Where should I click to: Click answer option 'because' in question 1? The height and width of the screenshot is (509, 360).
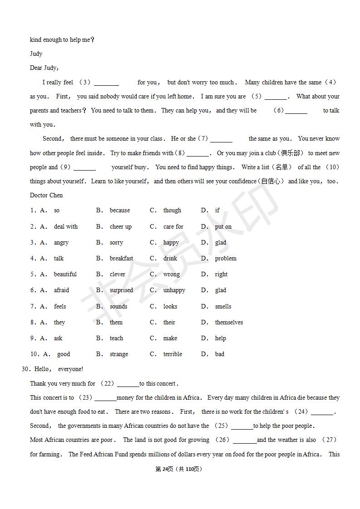pos(119,210)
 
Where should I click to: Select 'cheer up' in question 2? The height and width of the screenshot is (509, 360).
pos(120,226)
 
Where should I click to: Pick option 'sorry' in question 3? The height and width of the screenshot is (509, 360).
pos(116,243)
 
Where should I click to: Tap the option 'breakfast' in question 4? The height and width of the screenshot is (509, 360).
pos(121,259)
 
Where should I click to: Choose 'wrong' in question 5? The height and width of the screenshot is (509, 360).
pos(171,274)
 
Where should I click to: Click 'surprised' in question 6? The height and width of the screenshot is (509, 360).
pos(121,290)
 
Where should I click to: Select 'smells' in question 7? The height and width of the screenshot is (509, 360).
pos(223,307)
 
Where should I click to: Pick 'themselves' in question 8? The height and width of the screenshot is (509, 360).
pos(229,323)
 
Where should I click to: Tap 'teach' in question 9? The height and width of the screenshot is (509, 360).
pos(116,338)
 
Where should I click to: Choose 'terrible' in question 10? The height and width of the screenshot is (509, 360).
pos(173,354)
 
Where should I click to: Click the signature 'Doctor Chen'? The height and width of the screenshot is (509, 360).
pos(46,196)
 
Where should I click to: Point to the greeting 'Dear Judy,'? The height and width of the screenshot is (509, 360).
pos(44,68)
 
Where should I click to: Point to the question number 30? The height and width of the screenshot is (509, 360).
pos(26,369)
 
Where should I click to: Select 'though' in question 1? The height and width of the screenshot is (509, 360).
pos(172,210)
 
